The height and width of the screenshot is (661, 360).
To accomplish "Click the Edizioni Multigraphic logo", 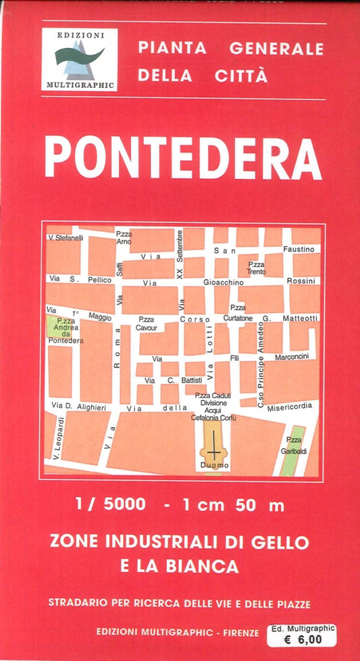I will [79, 60].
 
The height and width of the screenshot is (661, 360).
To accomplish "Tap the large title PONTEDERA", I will [182, 157].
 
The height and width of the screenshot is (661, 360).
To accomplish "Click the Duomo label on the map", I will [215, 466].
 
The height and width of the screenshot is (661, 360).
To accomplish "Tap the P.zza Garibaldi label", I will [294, 446].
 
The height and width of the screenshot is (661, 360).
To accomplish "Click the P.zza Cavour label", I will [146, 324].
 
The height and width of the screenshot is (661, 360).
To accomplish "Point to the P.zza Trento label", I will [256, 268].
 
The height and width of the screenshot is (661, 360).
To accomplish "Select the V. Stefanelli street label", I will [66, 237].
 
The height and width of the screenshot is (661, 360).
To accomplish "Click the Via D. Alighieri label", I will [78, 406].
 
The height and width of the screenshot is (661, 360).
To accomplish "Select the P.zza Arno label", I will [124, 237].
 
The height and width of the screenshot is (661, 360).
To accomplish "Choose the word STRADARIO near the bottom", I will [76, 602].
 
